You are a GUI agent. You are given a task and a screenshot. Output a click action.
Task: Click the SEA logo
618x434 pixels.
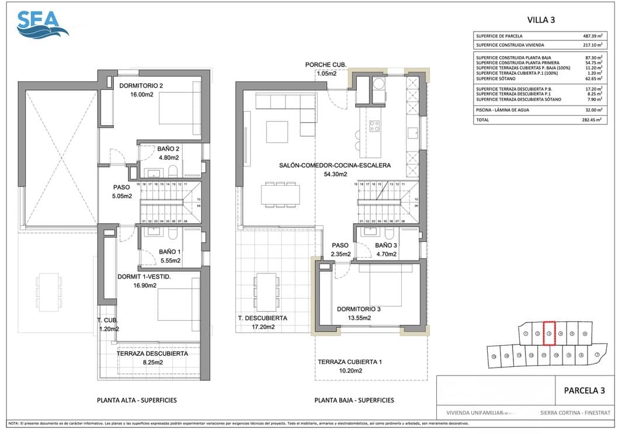(x=43, y=25)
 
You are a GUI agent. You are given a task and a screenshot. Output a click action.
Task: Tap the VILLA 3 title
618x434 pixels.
(x=541, y=19)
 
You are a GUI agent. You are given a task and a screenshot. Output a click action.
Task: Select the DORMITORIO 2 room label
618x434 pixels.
(x=141, y=86)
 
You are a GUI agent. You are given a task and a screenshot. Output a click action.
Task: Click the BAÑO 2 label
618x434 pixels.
(x=168, y=149)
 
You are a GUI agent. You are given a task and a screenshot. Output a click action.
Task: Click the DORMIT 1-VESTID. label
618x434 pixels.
(x=144, y=277)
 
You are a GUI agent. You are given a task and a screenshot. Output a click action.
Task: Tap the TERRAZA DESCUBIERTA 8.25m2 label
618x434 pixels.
(x=152, y=354)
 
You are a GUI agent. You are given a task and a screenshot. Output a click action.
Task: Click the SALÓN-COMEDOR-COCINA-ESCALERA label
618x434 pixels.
(x=335, y=165)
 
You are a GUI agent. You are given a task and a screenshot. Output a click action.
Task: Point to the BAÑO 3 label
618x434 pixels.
(x=386, y=245)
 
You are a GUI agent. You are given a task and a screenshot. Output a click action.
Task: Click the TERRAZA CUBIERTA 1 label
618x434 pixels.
(x=349, y=362)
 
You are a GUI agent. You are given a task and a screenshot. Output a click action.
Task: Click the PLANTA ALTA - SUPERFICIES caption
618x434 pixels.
(x=137, y=400)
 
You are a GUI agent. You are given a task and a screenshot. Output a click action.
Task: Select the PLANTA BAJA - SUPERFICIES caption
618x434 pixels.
(x=354, y=400)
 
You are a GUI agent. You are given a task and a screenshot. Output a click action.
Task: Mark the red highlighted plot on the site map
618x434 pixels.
(x=548, y=334)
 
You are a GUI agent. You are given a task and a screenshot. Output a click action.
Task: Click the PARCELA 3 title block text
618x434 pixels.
(x=584, y=390)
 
